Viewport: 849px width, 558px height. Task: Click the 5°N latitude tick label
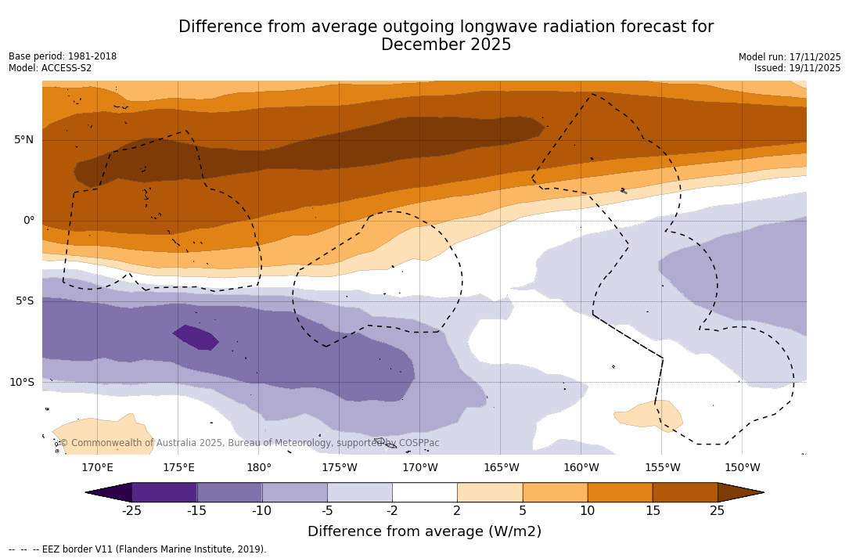23,140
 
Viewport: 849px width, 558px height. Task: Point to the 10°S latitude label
21,383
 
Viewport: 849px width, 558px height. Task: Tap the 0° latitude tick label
28,221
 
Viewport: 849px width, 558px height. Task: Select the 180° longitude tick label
259,468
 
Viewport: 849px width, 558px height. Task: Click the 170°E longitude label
97,468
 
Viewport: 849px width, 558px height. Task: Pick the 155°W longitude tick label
662,468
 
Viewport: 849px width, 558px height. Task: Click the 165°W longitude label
501,468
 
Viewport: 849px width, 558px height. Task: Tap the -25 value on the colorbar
131,511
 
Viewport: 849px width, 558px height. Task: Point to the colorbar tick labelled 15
652,511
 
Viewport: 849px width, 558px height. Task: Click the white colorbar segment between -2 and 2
424,492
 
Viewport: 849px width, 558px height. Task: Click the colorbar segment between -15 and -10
229,492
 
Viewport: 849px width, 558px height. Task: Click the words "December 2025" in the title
446,45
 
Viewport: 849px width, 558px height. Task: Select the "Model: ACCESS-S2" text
50,68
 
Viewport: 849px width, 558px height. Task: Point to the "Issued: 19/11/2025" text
797,68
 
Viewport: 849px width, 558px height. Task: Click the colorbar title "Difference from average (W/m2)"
424,532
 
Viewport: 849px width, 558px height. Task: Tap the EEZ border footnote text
138,549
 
